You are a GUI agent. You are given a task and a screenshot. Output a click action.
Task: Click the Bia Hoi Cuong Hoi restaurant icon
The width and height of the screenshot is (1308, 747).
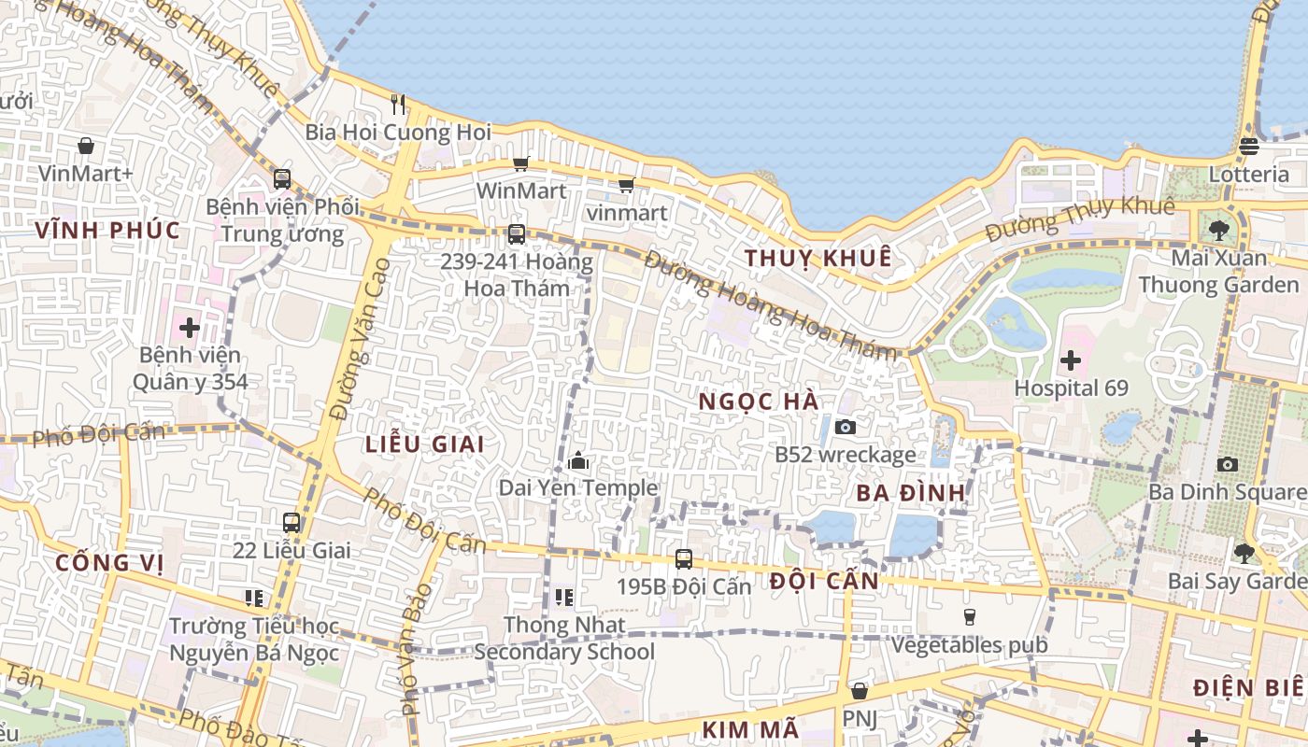(398, 104)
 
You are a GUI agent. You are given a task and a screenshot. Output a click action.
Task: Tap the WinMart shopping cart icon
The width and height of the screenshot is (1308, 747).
(520, 163)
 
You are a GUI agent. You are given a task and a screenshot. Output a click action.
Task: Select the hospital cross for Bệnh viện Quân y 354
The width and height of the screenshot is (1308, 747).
(190, 328)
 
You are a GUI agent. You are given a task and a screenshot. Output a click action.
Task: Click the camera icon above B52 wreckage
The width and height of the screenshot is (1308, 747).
(846, 427)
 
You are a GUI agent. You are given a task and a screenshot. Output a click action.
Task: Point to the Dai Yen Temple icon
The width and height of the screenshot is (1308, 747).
(577, 460)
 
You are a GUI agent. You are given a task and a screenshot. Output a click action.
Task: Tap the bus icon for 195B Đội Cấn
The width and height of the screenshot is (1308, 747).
(684, 559)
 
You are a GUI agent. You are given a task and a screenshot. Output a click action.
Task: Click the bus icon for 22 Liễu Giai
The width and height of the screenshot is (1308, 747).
(291, 523)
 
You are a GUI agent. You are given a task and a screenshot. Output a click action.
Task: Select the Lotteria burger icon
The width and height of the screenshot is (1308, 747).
(1249, 146)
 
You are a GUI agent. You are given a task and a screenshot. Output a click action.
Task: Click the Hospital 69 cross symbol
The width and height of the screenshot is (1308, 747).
(1071, 359)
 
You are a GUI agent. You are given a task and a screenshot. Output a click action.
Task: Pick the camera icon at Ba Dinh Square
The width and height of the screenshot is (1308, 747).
(1228, 464)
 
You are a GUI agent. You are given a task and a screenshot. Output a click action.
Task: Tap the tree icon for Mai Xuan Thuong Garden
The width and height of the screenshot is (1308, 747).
(1218, 230)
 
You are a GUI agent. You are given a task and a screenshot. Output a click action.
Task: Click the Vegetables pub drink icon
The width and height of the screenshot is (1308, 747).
(969, 617)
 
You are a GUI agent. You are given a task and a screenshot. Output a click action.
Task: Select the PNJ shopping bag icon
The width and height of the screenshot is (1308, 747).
(859, 691)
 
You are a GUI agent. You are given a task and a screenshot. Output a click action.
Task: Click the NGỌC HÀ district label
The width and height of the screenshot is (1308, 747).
(759, 402)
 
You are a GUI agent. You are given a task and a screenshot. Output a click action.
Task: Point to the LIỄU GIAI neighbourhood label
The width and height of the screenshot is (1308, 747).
(424, 444)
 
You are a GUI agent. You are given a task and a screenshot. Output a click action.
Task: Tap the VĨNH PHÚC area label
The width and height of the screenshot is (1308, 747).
(107, 231)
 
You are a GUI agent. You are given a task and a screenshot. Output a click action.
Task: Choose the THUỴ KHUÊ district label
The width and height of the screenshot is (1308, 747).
(817, 259)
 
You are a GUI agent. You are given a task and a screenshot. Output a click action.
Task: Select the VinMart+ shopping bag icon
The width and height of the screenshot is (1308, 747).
(86, 146)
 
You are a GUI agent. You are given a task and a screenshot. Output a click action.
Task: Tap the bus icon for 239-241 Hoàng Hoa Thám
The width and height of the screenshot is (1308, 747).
(516, 234)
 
